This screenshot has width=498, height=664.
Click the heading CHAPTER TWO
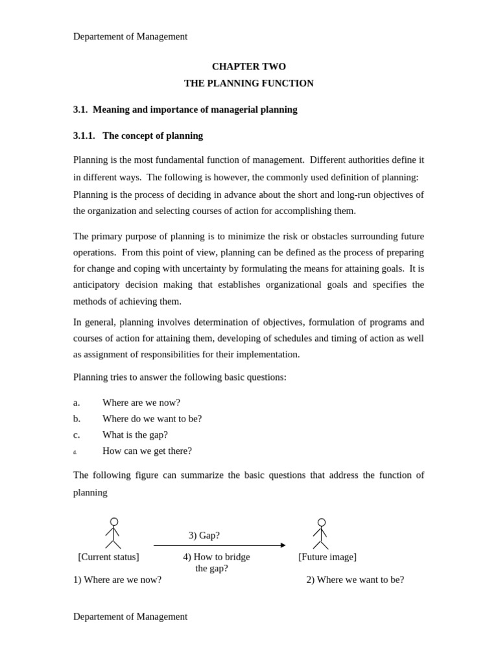[x=248, y=67]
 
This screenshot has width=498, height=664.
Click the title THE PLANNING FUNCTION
[x=248, y=84]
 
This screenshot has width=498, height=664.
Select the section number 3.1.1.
[x=84, y=136]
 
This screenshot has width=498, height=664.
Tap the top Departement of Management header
[x=130, y=36]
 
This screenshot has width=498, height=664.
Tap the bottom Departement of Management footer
[x=130, y=617]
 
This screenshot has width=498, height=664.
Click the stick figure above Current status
[x=113, y=534]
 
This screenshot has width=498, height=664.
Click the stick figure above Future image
[x=321, y=534]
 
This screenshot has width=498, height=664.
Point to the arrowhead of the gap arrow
[x=283, y=545]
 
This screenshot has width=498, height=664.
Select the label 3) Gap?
[x=204, y=536]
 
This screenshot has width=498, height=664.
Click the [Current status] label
[x=108, y=557]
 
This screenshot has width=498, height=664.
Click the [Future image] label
[x=327, y=557]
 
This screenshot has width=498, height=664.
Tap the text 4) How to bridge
[x=216, y=557]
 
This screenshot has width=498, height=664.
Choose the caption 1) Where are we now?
[x=117, y=580]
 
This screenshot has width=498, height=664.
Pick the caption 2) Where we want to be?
[x=355, y=580]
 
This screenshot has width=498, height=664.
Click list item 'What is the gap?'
[x=135, y=435]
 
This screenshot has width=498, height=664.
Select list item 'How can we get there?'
[x=147, y=451]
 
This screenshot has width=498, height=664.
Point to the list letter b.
[x=77, y=419]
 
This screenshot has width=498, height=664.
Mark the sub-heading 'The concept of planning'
[x=152, y=136]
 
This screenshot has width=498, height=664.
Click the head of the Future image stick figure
[x=322, y=523]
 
